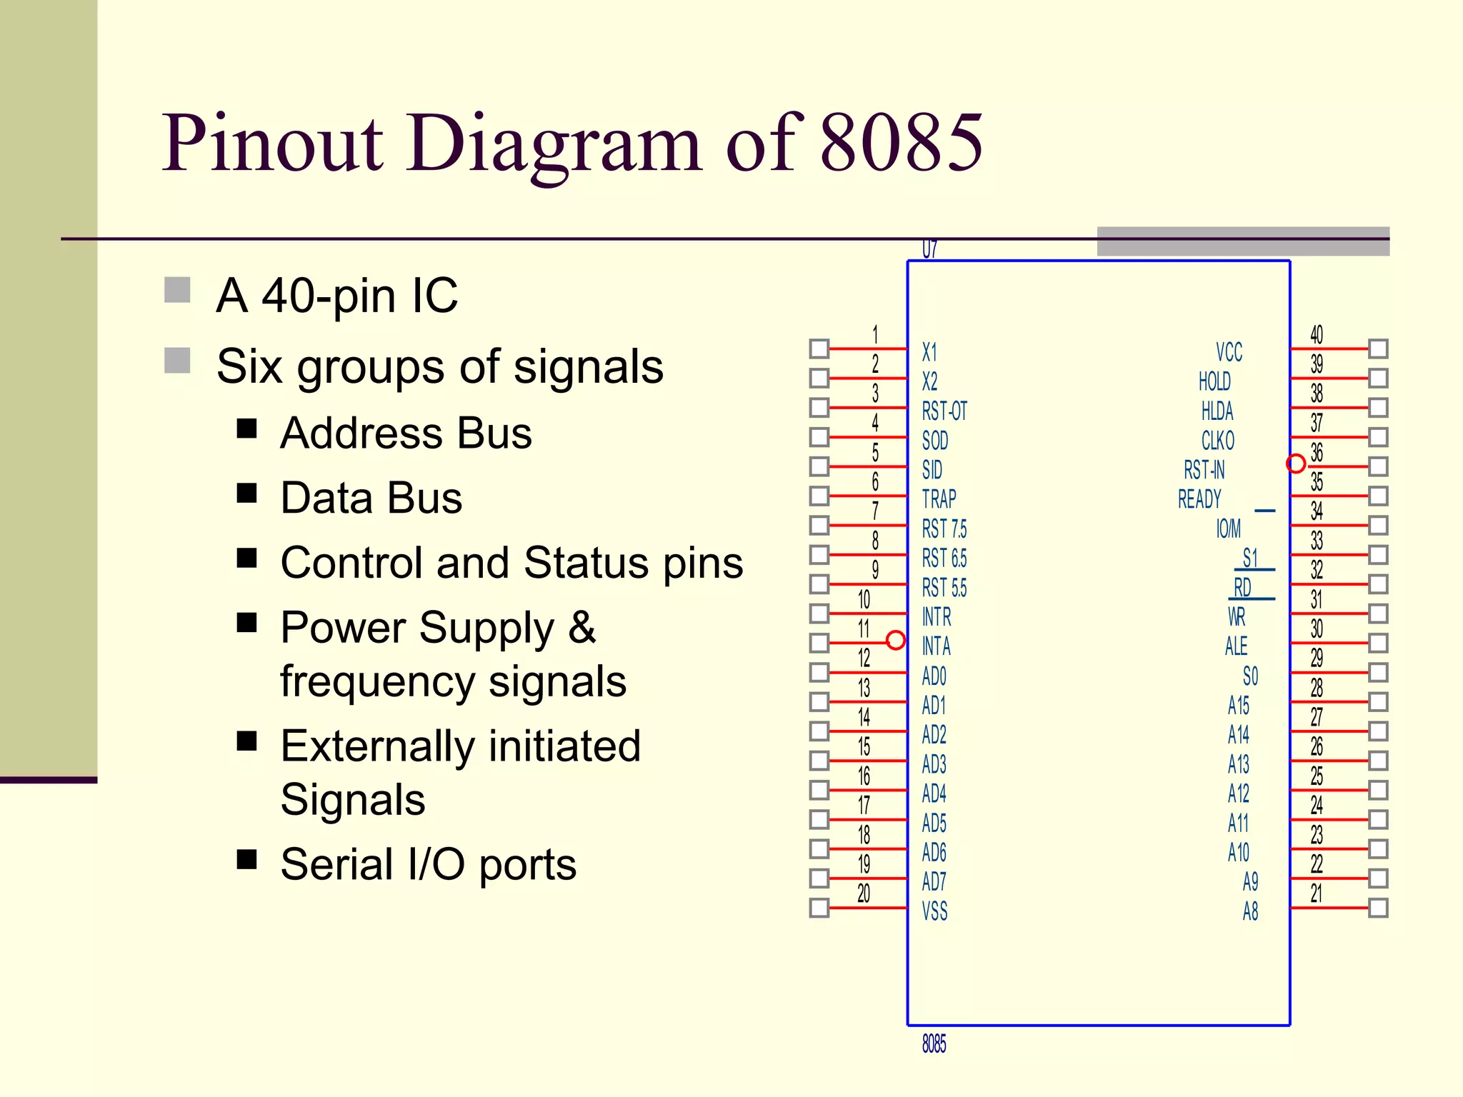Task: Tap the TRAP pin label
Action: point(939,499)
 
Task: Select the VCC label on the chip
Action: point(1229,352)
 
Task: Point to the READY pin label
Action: point(1199,499)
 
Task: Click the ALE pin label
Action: point(1236,646)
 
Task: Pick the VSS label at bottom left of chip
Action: point(934,911)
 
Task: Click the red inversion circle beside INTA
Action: point(895,640)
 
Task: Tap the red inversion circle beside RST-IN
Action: point(1296,464)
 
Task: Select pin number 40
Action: point(1316,334)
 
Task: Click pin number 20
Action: point(864,893)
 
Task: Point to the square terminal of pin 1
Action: point(819,349)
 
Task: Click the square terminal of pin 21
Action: point(1378,908)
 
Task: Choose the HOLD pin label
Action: point(1214,382)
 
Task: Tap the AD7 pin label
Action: point(934,882)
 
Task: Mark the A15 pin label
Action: point(1239,706)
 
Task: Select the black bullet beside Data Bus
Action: point(247,494)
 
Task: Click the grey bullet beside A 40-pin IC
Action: point(177,291)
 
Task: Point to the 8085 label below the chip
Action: point(934,1044)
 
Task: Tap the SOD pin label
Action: point(935,441)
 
